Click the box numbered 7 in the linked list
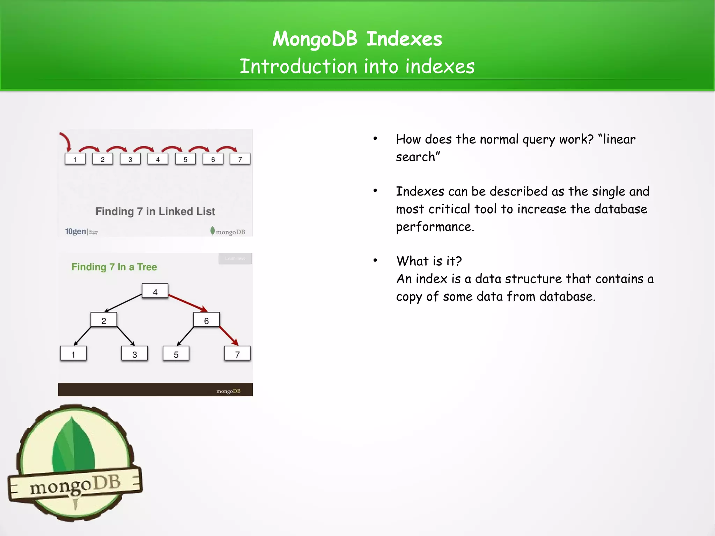(240, 159)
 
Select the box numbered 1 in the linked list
(75, 159)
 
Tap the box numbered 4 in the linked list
(158, 159)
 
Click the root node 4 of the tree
(155, 291)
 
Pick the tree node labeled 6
(206, 320)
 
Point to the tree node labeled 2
(104, 320)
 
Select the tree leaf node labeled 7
(237, 354)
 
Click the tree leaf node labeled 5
(176, 354)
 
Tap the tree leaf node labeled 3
(134, 354)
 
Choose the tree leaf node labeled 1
(73, 354)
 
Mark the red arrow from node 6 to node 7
(229, 336)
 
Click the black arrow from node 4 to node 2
(123, 303)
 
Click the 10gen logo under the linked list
(76, 231)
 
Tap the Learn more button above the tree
(235, 258)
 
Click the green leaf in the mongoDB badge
(73, 445)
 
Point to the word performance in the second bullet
(435, 227)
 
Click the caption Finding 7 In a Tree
(114, 267)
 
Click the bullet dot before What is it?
(375, 260)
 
